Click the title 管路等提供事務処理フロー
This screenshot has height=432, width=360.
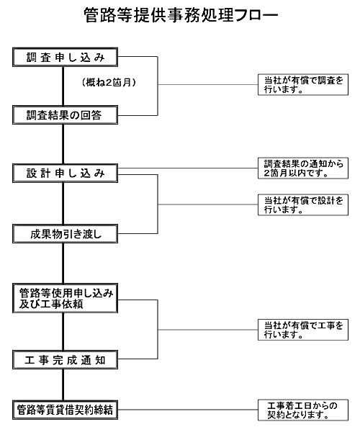pos(181,15)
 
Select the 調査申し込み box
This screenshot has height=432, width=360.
pos(65,57)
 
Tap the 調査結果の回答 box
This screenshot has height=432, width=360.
pos(65,115)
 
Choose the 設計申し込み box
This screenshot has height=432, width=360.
pos(65,173)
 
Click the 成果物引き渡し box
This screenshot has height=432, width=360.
pos(65,233)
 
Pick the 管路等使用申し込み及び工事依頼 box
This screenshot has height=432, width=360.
pos(65,298)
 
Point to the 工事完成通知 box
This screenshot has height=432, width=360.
pos(65,360)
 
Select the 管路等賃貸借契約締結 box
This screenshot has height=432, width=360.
pos(65,410)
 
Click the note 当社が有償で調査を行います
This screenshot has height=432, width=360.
pos(303,84)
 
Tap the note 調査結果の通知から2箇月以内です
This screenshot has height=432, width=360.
pos(303,168)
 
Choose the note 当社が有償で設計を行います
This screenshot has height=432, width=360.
pos(303,204)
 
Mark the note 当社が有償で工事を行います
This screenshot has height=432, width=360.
pos(303,330)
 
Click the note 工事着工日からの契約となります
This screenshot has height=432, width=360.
pos(303,410)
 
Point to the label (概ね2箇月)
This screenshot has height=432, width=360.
pos(109,82)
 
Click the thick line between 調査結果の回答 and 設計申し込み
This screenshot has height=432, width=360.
pos(63,144)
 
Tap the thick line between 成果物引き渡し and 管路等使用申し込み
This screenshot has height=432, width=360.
pos(63,264)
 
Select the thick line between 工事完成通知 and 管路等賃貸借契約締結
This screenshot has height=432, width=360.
pos(63,385)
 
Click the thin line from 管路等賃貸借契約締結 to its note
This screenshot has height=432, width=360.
pos(188,410)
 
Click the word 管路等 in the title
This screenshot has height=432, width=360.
pos(108,15)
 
